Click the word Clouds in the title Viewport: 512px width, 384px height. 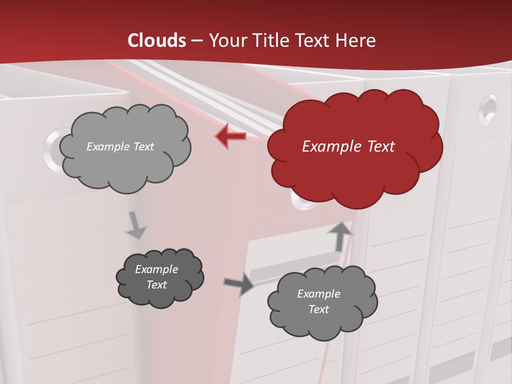(157, 40)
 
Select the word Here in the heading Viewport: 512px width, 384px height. (358, 40)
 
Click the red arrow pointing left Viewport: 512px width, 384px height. (231, 136)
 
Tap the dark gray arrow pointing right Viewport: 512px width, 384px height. (238, 284)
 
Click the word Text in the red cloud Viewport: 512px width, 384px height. (377, 146)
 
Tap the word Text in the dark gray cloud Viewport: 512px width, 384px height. (156, 285)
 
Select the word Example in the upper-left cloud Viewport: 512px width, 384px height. (107, 146)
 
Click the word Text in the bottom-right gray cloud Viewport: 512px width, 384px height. (318, 309)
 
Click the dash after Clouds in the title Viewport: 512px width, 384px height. (196, 40)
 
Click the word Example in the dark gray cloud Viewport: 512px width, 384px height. (156, 269)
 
